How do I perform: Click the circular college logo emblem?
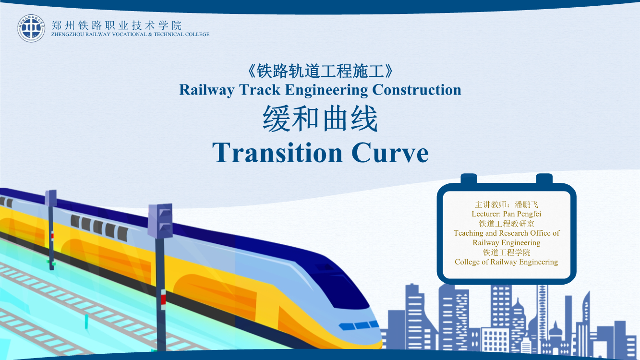(x=31, y=28)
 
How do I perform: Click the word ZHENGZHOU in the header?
(x=67, y=34)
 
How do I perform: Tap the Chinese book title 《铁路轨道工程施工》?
(x=320, y=71)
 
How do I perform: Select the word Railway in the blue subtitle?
(x=206, y=90)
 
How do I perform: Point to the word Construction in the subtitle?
(x=417, y=90)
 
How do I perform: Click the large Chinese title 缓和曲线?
(x=320, y=118)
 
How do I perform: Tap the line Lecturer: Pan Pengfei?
(x=506, y=214)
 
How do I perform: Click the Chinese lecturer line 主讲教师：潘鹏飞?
(x=506, y=204)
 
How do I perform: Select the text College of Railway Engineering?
(x=506, y=262)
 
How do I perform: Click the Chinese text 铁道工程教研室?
(x=506, y=223)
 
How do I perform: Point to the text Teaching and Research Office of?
(x=506, y=233)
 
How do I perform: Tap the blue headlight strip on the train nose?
(x=359, y=325)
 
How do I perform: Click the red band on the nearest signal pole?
(x=163, y=299)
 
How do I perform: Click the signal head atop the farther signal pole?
(x=50, y=198)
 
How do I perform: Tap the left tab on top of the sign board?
(x=469, y=179)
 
